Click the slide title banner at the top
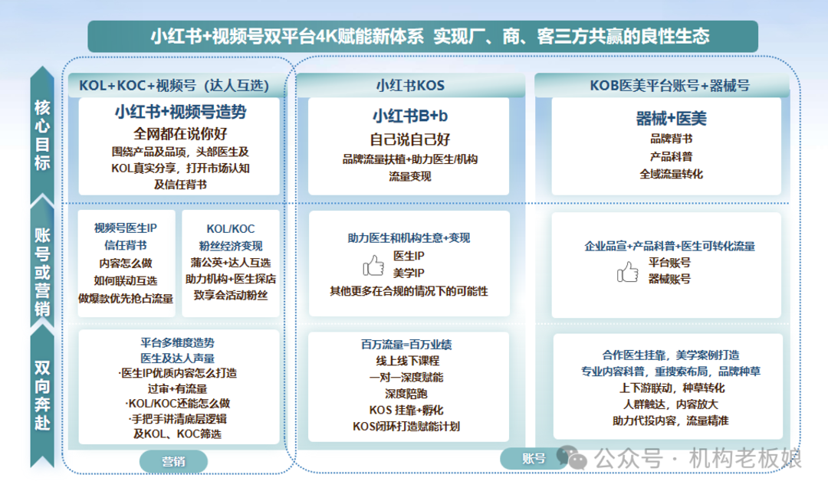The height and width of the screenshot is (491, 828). tap(422, 36)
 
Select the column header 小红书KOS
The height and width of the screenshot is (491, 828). tap(409, 85)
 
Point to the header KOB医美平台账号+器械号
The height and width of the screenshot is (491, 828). tap(669, 85)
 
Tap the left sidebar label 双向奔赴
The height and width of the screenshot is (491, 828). tap(42, 394)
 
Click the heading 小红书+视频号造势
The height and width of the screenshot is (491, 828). tap(180, 112)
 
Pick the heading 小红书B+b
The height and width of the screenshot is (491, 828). tap(409, 116)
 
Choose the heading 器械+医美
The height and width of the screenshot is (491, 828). tap(671, 118)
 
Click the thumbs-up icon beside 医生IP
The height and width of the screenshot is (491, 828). tap(373, 265)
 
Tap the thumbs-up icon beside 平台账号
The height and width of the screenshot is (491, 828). tap(628, 272)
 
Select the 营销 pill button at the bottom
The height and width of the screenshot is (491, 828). tap(173, 461)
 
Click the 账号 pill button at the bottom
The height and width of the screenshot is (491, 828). tap(534, 459)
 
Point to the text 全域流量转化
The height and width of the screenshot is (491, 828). tap(671, 174)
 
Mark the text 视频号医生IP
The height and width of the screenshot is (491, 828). tap(126, 227)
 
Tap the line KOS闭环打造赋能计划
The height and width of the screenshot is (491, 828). tap(406, 427)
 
